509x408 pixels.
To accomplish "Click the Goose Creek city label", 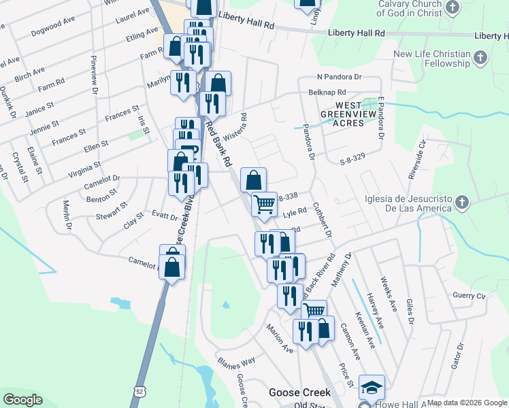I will pos(299,392).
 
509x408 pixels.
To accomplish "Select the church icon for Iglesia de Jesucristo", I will pos(461,202).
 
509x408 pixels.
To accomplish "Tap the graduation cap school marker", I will pos(372,388).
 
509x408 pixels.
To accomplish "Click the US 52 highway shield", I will pos(139,392).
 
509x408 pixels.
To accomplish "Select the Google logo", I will pos(22,400).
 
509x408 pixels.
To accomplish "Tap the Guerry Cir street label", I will pos(470,296).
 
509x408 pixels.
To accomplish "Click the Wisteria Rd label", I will pos(239,124).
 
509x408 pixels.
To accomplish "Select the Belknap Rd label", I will pos(327,92).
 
